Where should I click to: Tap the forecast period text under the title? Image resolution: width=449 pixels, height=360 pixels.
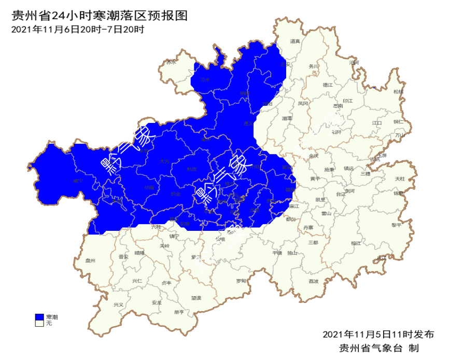78,29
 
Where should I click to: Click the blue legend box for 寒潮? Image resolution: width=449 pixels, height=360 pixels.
39,316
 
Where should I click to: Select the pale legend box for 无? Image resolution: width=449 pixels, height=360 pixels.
39,323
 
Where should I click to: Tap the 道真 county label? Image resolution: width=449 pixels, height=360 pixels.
295,41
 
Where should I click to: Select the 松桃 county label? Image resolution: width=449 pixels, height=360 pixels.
398,92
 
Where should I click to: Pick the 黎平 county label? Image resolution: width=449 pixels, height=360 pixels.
397,225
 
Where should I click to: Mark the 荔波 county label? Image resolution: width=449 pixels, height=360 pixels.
314,281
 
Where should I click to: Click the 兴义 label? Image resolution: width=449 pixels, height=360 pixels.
119,304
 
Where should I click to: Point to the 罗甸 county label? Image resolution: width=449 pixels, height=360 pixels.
241,281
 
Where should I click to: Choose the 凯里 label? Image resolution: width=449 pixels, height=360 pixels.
320,200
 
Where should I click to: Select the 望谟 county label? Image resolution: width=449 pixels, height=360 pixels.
195,298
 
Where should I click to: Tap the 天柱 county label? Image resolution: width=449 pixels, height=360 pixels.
400,178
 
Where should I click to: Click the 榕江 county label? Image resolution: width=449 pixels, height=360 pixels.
356,243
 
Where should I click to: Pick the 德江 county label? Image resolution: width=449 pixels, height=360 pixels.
327,84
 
